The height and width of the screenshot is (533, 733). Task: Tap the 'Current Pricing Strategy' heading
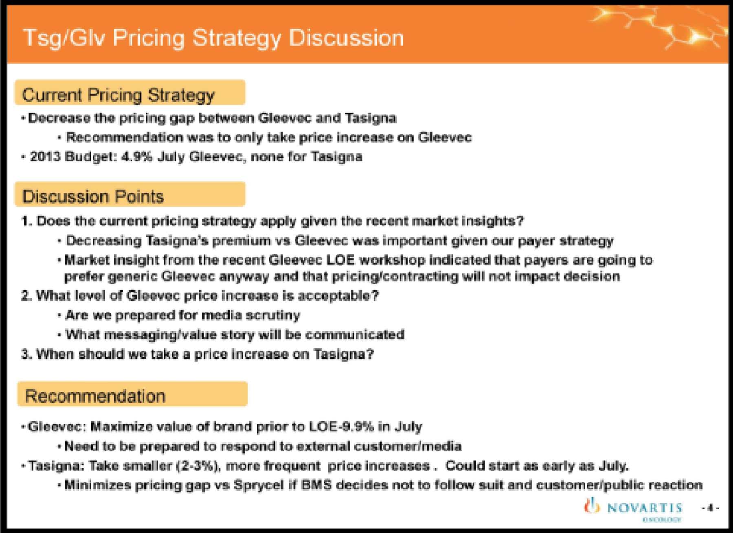118,95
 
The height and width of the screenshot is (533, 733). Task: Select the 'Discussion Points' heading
93,197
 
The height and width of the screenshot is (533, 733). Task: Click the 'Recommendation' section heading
95,396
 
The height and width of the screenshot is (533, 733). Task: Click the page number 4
710,508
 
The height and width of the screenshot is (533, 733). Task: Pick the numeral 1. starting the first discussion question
26,221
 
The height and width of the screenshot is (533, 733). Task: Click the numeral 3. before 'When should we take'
26,354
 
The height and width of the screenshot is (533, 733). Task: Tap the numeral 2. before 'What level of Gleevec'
26,295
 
